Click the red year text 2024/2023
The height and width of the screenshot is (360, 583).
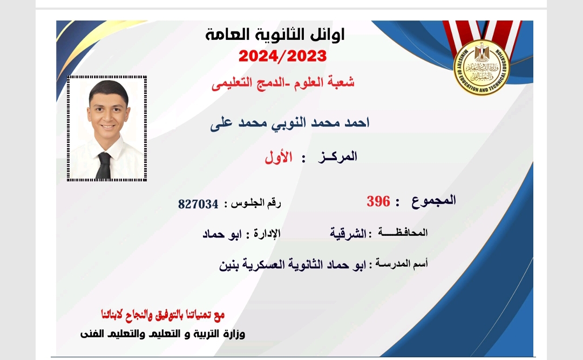pyautogui.click(x=282, y=56)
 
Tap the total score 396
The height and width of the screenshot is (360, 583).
pyautogui.click(x=378, y=201)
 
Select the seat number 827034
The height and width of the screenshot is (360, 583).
pyautogui.click(x=198, y=204)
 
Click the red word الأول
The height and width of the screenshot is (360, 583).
pyautogui.click(x=279, y=157)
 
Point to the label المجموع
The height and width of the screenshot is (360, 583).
pyautogui.click(x=433, y=201)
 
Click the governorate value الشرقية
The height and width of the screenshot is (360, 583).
pyautogui.click(x=348, y=233)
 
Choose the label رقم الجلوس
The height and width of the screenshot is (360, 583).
pyautogui.click(x=256, y=203)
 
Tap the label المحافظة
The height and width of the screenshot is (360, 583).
pyautogui.click(x=403, y=233)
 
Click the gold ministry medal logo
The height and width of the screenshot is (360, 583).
pyautogui.click(x=482, y=67)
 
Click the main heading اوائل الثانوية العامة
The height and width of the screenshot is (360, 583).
pyautogui.click(x=275, y=35)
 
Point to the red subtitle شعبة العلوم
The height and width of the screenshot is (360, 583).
pyautogui.click(x=327, y=82)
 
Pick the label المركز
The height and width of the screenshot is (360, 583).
pyautogui.click(x=337, y=157)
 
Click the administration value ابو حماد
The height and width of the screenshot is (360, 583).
pyautogui.click(x=222, y=234)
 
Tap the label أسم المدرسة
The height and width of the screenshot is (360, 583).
pyautogui.click(x=402, y=263)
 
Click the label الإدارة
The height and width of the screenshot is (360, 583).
pyautogui.click(x=267, y=234)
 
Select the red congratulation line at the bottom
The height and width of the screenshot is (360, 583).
pyautogui.click(x=163, y=315)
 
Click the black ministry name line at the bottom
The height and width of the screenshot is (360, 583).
pyautogui.click(x=163, y=334)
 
